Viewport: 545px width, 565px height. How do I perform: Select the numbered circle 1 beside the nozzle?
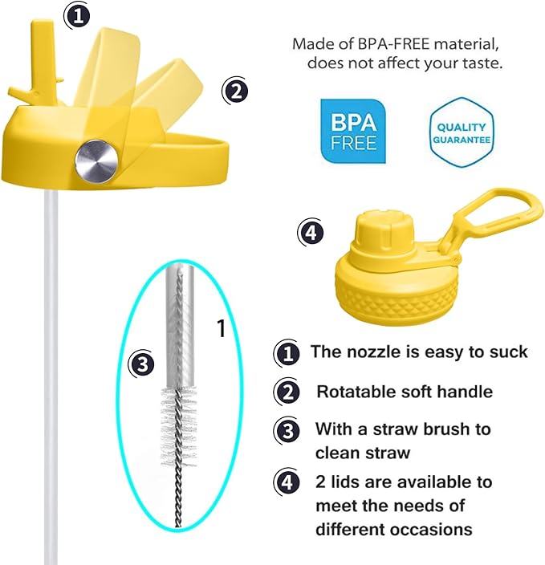[77, 16]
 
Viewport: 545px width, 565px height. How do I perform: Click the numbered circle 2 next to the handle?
[234, 91]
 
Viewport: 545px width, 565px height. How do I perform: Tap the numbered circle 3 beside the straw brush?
[143, 365]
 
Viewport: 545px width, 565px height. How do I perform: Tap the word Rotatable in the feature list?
[354, 392]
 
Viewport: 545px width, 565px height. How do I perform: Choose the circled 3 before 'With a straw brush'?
[287, 430]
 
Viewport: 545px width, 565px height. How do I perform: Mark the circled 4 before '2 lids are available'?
[287, 484]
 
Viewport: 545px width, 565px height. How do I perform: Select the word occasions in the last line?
[433, 530]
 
